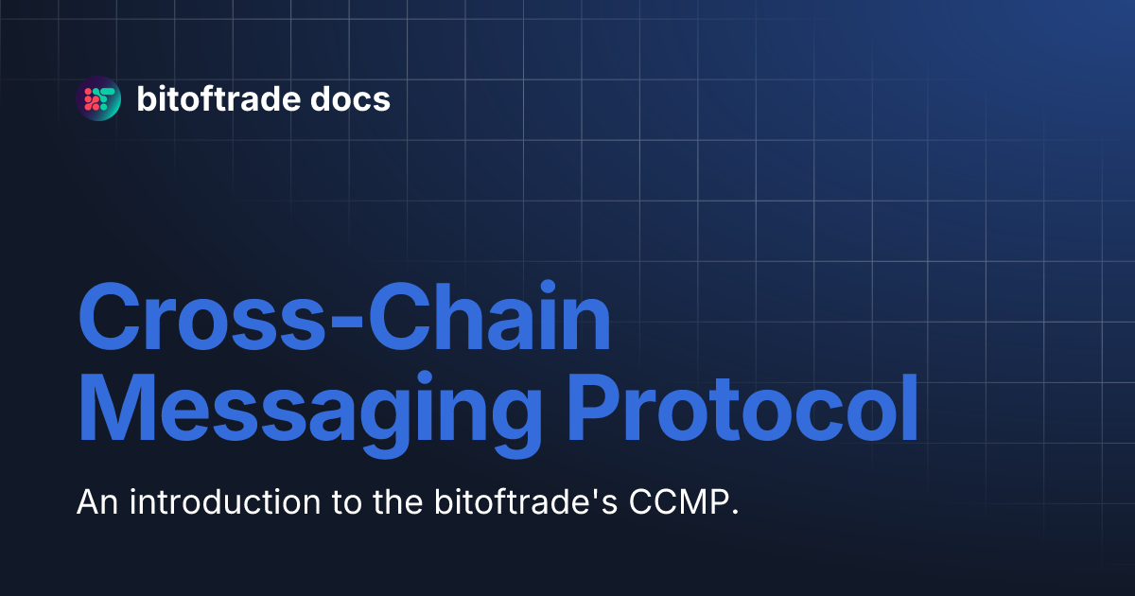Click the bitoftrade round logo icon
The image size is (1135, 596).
[98, 98]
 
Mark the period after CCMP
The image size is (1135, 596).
[733, 512]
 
